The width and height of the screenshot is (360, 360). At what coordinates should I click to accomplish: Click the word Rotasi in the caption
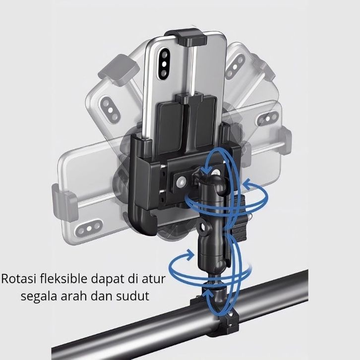coord(19,279)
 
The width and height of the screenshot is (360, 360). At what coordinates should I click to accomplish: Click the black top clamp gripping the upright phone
coord(191,37)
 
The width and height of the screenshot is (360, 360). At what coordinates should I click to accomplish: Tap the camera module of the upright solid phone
coord(164,63)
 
